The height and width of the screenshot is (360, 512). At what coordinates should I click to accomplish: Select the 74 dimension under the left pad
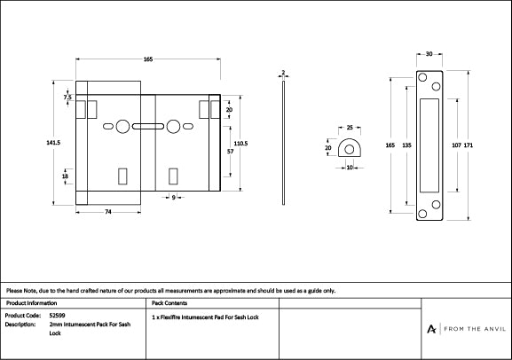pyautogui.click(x=107, y=213)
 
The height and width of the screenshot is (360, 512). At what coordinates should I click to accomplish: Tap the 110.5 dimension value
pyautogui.click(x=240, y=143)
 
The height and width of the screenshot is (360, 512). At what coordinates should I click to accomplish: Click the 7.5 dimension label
pyautogui.click(x=67, y=97)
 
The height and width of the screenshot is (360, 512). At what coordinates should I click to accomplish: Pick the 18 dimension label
pyautogui.click(x=66, y=176)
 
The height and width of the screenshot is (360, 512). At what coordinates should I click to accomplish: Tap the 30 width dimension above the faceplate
pyautogui.click(x=429, y=54)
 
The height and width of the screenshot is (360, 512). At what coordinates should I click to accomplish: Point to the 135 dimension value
pyautogui.click(x=406, y=144)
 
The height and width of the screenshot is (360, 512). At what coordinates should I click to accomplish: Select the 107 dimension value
pyautogui.click(x=456, y=144)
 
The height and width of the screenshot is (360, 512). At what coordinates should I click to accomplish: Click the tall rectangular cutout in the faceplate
pyautogui.click(x=429, y=145)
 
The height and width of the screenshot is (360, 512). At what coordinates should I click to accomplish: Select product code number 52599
pyautogui.click(x=57, y=315)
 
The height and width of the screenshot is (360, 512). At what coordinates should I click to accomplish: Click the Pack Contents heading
pyautogui.click(x=169, y=302)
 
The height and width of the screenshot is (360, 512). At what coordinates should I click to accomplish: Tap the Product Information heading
pyautogui.click(x=31, y=302)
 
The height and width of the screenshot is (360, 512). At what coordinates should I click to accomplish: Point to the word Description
pyautogui.click(x=20, y=325)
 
